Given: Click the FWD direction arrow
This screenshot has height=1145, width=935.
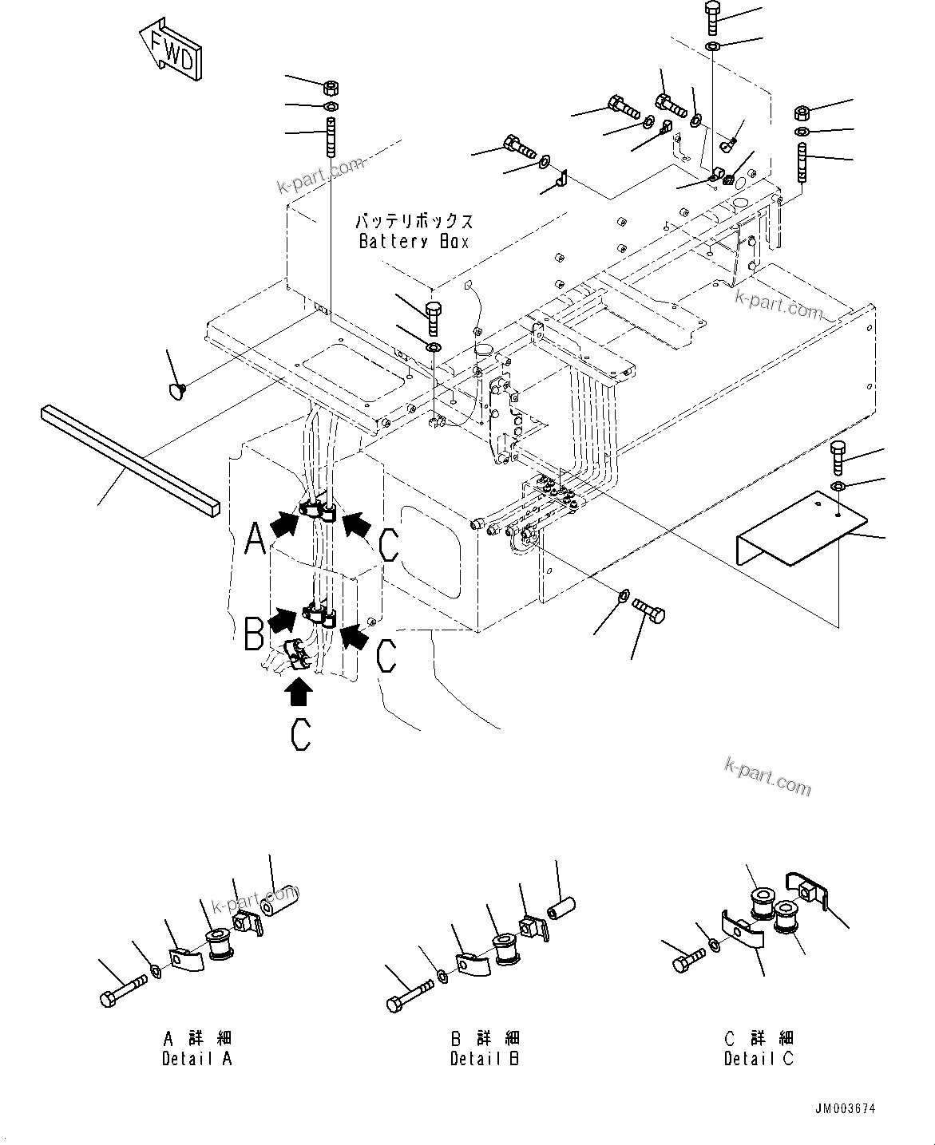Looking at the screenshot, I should click(170, 51).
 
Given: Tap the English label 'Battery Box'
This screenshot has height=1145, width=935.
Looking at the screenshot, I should click(414, 242).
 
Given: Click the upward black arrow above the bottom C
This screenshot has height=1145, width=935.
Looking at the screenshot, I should click(299, 691).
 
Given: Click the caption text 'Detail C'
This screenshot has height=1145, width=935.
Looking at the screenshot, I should click(759, 1060).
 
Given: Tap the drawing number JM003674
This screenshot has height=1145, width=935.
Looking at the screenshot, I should click(845, 1109).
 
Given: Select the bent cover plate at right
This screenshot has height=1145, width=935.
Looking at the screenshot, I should click(798, 530).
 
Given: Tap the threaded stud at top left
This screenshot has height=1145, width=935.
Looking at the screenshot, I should click(330, 137).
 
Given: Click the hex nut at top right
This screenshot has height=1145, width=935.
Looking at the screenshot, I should click(802, 113).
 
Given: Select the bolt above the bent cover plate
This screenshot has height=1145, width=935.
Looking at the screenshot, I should click(837, 457).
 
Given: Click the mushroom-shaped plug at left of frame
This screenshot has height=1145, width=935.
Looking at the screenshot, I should click(175, 390).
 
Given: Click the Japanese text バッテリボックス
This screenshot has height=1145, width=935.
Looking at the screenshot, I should click(414, 221).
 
